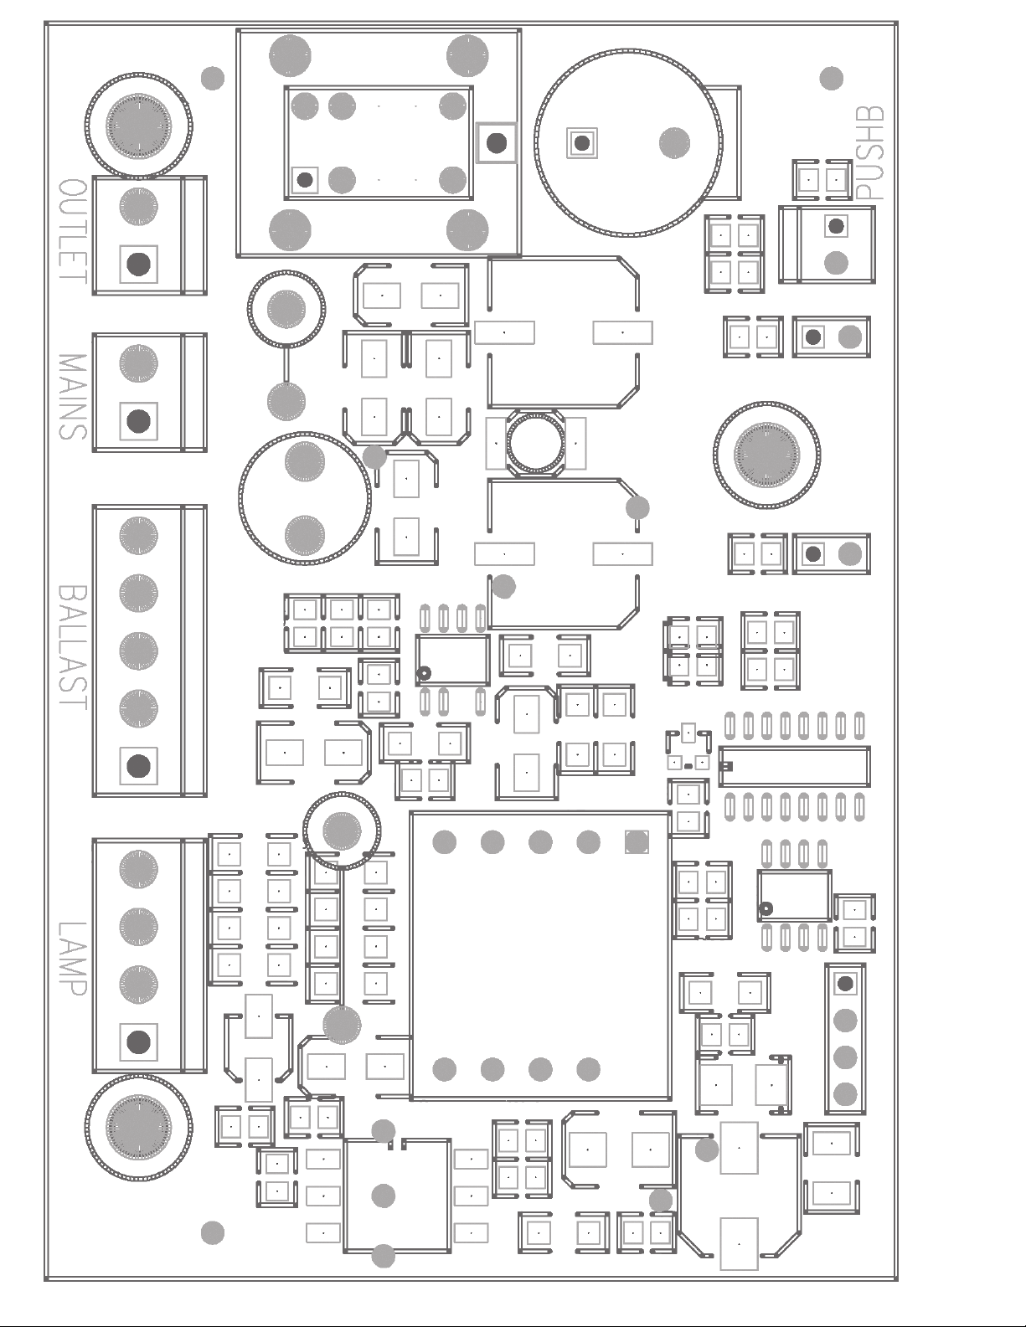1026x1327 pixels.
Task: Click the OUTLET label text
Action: pyautogui.click(x=74, y=231)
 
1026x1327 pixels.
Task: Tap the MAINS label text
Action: pyautogui.click(x=74, y=397)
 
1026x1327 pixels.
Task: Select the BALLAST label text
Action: pyautogui.click(x=74, y=647)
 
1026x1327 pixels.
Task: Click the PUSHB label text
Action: pyautogui.click(x=869, y=152)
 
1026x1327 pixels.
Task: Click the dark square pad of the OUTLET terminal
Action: pyautogui.click(x=139, y=264)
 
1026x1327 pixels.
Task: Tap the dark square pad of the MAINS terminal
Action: pyautogui.click(x=139, y=421)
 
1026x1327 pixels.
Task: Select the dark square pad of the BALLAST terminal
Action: pyautogui.click(x=139, y=766)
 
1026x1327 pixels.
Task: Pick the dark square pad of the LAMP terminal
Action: pyautogui.click(x=139, y=1042)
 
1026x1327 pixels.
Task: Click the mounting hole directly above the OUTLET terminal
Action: pyautogui.click(x=139, y=126)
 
